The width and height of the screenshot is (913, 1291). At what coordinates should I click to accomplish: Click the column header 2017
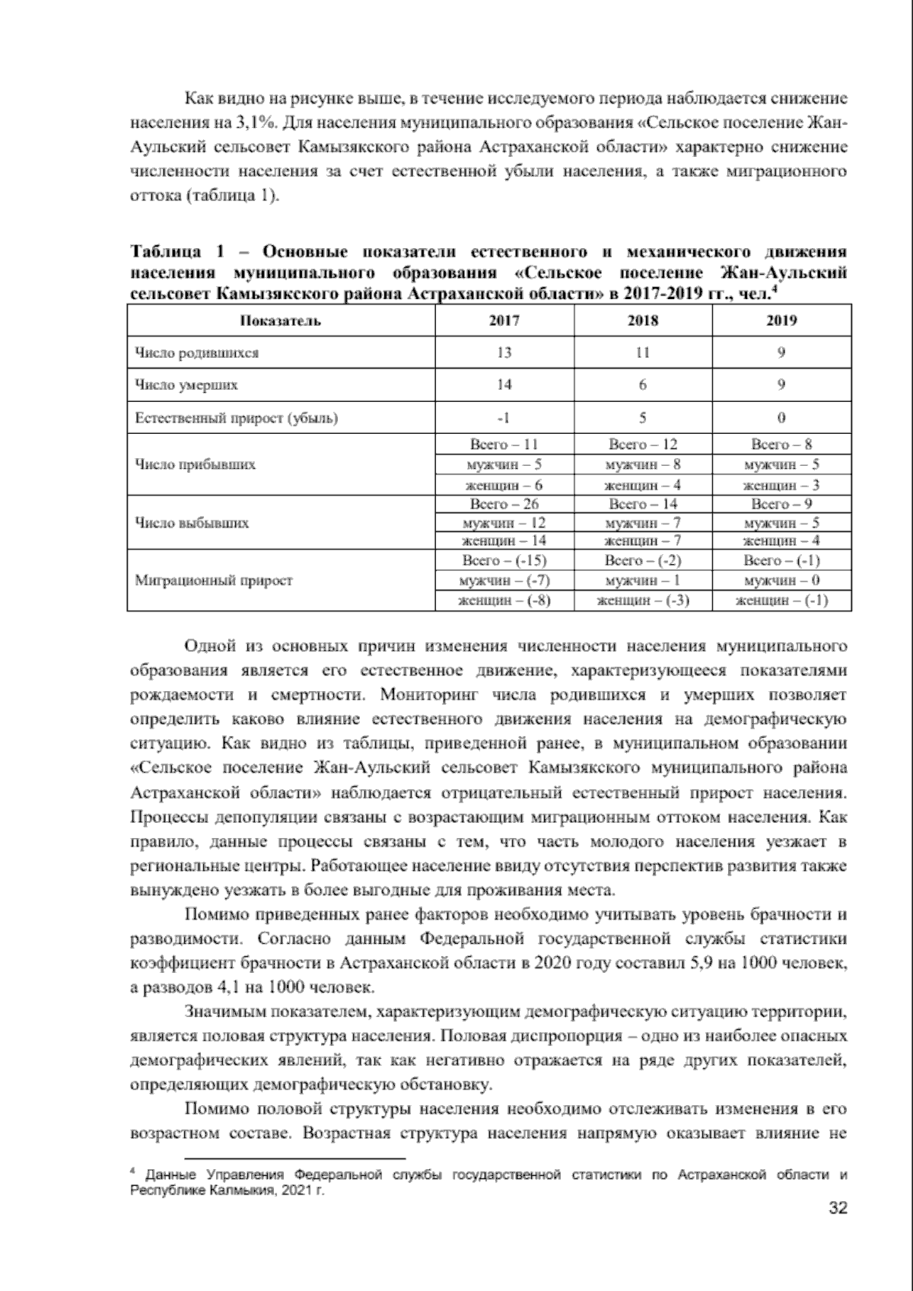tap(504, 320)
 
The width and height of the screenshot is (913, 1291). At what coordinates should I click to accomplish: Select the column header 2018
tap(642, 320)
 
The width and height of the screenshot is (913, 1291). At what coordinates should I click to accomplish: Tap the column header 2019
tap(781, 320)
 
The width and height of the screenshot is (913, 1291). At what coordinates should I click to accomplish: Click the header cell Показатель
tap(281, 320)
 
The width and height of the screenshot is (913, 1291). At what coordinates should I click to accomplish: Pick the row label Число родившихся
tap(196, 353)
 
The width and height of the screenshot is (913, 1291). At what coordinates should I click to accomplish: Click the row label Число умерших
tap(186, 385)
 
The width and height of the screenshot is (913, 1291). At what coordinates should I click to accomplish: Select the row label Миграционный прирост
tap(214, 581)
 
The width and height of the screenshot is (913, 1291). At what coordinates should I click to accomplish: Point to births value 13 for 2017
tap(504, 353)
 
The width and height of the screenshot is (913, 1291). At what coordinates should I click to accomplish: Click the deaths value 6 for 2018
tap(642, 385)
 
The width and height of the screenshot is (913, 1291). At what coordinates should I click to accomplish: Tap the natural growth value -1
tap(504, 418)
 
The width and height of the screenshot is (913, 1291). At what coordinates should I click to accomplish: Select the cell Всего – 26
tap(504, 504)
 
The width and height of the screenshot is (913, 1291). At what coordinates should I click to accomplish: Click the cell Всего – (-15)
tap(504, 561)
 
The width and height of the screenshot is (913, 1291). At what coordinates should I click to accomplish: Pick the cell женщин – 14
tap(504, 541)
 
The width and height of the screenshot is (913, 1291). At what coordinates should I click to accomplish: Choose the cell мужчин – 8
tap(642, 464)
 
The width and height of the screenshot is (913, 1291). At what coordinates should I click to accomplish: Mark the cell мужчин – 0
tap(781, 581)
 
